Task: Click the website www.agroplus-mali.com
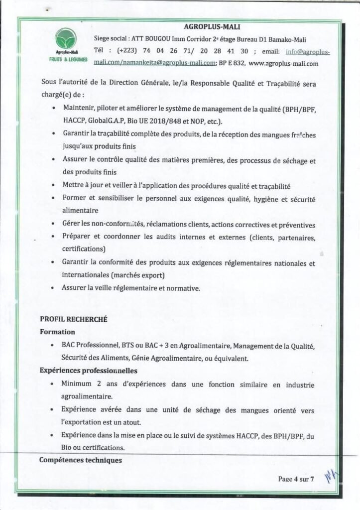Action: [x=283, y=64]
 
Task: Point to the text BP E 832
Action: [x=232, y=64]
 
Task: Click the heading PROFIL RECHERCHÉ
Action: [x=74, y=320]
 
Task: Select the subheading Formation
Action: [x=57, y=332]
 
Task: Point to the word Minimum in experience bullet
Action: [x=78, y=384]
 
